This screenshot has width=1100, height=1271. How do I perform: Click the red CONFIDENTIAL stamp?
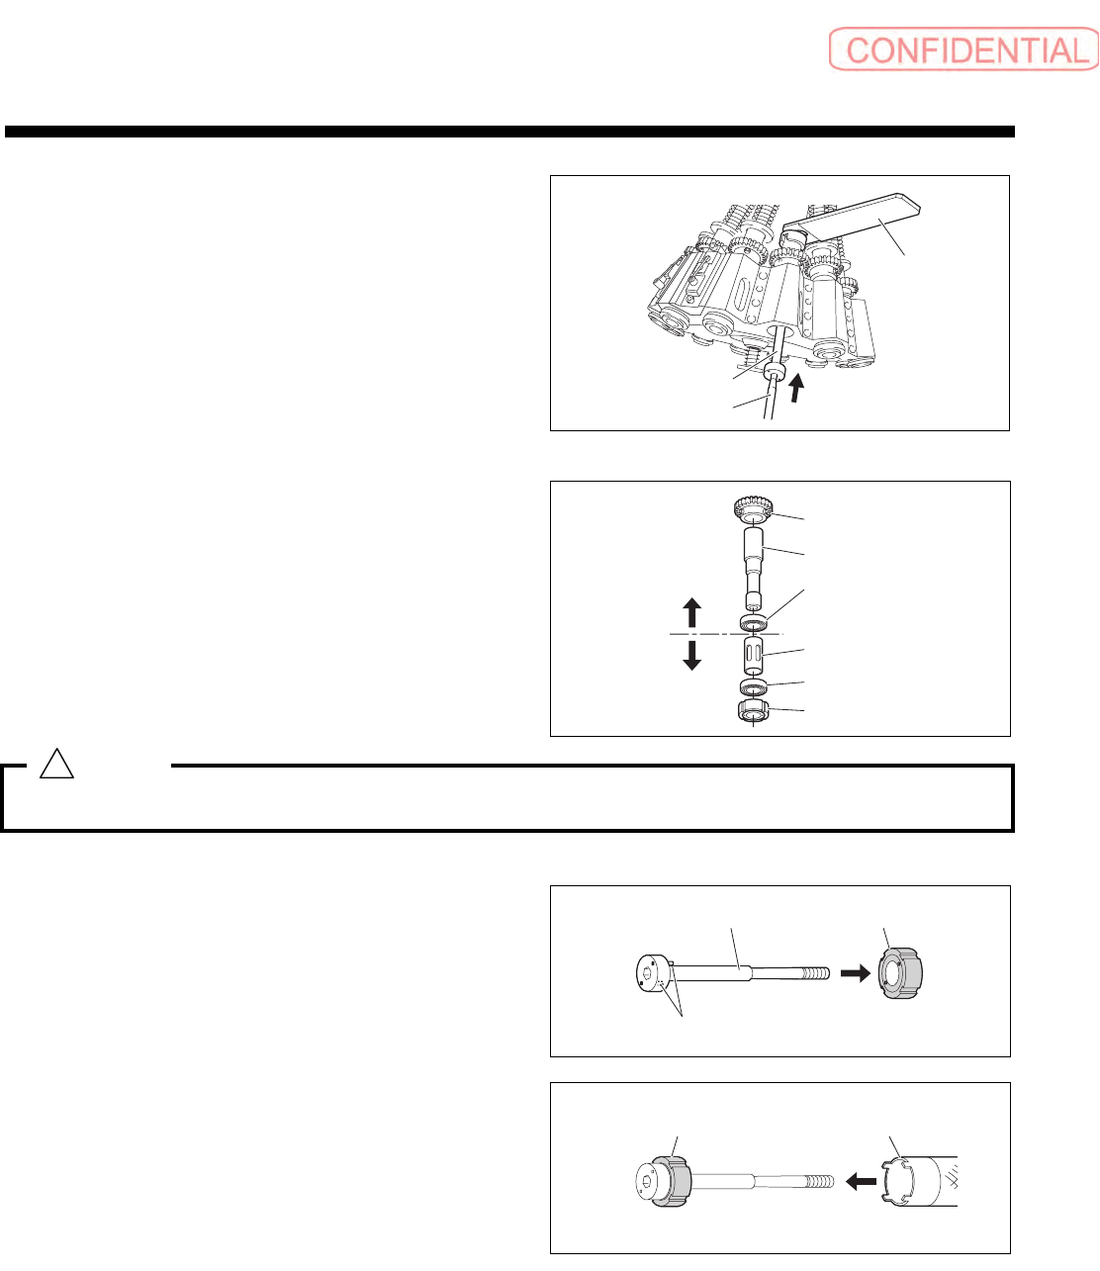coord(962,50)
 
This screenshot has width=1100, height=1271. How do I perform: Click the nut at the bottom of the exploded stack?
coord(754,711)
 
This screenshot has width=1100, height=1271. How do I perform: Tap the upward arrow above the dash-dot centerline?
coord(692,612)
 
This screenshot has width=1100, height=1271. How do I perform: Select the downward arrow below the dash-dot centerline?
coord(692,654)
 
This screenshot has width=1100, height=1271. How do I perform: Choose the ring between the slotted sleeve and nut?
coord(755,686)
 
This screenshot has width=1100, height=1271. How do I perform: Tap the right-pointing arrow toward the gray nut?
coord(855,973)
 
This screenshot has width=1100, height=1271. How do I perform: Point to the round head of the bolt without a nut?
coord(650,975)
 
